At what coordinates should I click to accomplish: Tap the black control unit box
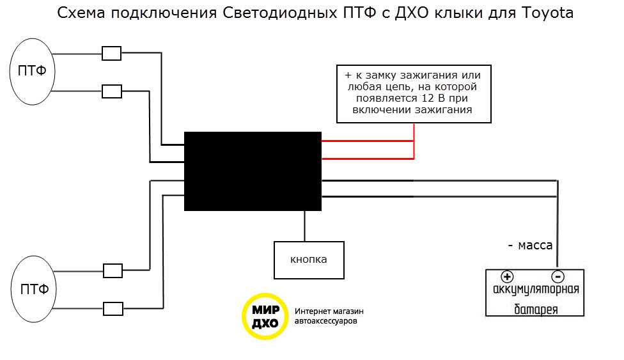[x=253, y=171]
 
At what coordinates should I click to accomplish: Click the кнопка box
[x=309, y=260]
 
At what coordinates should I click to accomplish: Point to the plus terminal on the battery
[x=507, y=277]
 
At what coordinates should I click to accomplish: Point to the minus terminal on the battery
[x=557, y=277]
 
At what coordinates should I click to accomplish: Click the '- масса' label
[x=530, y=245]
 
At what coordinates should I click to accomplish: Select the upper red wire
[x=368, y=141]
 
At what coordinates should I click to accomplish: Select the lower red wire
[x=368, y=157]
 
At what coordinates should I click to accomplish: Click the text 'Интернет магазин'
[x=329, y=311]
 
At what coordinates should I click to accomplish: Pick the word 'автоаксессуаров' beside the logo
[x=326, y=322]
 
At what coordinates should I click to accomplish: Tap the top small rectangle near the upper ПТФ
[x=112, y=54]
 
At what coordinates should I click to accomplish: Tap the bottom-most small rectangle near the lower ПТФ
[x=113, y=309]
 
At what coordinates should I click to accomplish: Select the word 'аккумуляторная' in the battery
[x=536, y=290]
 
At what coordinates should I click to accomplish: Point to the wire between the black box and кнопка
[x=304, y=226]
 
